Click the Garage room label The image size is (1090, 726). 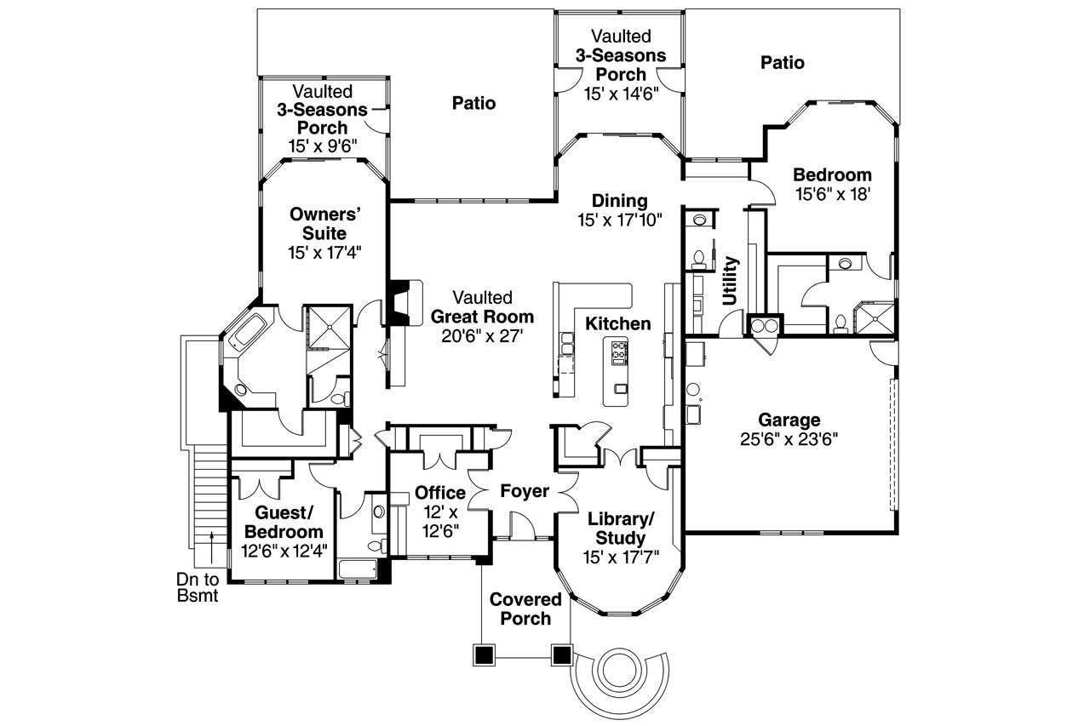(789, 420)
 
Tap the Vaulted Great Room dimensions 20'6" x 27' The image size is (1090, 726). (482, 336)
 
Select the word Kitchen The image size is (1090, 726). (617, 323)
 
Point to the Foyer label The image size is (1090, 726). (524, 491)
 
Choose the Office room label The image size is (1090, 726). (440, 493)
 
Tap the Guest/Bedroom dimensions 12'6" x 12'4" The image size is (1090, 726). (284, 550)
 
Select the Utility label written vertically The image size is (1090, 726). (731, 280)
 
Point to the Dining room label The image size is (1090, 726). (621, 201)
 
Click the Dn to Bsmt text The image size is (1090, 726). (198, 587)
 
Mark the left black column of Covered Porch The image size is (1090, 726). (484, 654)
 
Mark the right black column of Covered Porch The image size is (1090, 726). (561, 654)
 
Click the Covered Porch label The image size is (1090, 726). (525, 609)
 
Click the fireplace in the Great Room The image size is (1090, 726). (399, 302)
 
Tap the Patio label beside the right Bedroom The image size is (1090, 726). (783, 62)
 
